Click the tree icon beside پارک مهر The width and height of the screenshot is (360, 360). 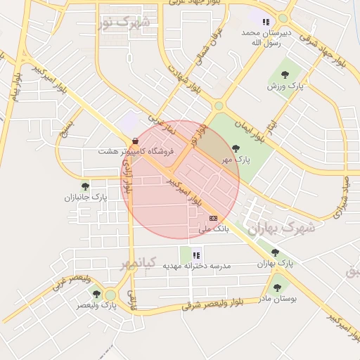pos(235,148)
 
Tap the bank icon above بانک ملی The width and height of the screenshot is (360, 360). pos(214,218)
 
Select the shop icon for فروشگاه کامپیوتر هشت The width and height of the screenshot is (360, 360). pos(135,141)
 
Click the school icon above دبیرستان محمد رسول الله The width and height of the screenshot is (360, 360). pos(266,22)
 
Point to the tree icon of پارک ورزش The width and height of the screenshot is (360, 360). pos(285,74)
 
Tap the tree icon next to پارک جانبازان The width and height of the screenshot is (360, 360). pos(85,186)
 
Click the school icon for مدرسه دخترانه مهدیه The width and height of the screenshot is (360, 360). pos(197,255)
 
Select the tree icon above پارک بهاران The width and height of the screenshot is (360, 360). pos(275,252)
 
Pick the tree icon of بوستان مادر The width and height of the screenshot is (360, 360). pos(276,287)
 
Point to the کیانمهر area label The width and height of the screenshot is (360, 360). pos(136,264)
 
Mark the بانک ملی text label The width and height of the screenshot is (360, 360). pos(214,229)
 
